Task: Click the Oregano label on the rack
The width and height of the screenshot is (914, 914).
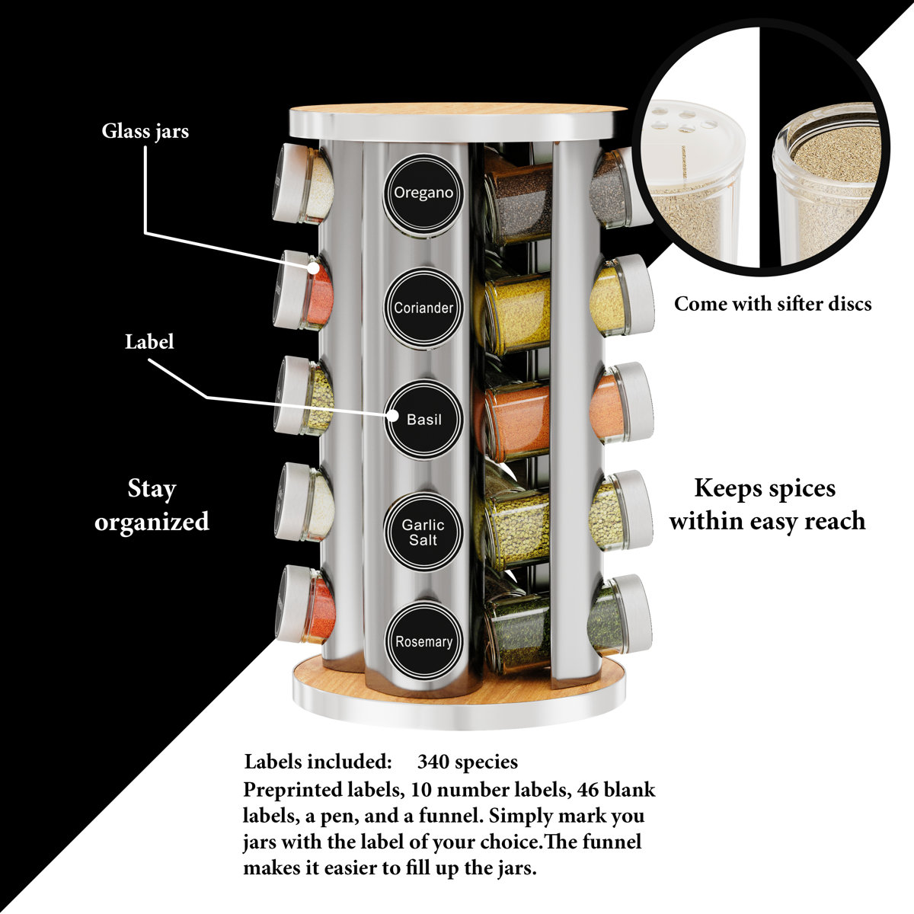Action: [423, 193]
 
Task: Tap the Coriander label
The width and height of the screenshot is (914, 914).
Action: [423, 308]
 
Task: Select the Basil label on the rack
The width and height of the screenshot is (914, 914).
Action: [423, 419]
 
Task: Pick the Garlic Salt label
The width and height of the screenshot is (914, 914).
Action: [423, 532]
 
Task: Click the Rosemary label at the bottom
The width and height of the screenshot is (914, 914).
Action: [423, 641]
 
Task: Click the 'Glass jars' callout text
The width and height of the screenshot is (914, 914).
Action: [145, 131]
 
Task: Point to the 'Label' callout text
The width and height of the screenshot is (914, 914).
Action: [149, 341]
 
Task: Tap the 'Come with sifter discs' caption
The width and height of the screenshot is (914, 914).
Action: [772, 304]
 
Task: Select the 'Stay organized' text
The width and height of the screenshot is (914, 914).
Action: [152, 504]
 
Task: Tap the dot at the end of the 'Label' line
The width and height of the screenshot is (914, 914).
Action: [392, 416]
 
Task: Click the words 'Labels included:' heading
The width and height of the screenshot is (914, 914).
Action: [318, 762]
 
